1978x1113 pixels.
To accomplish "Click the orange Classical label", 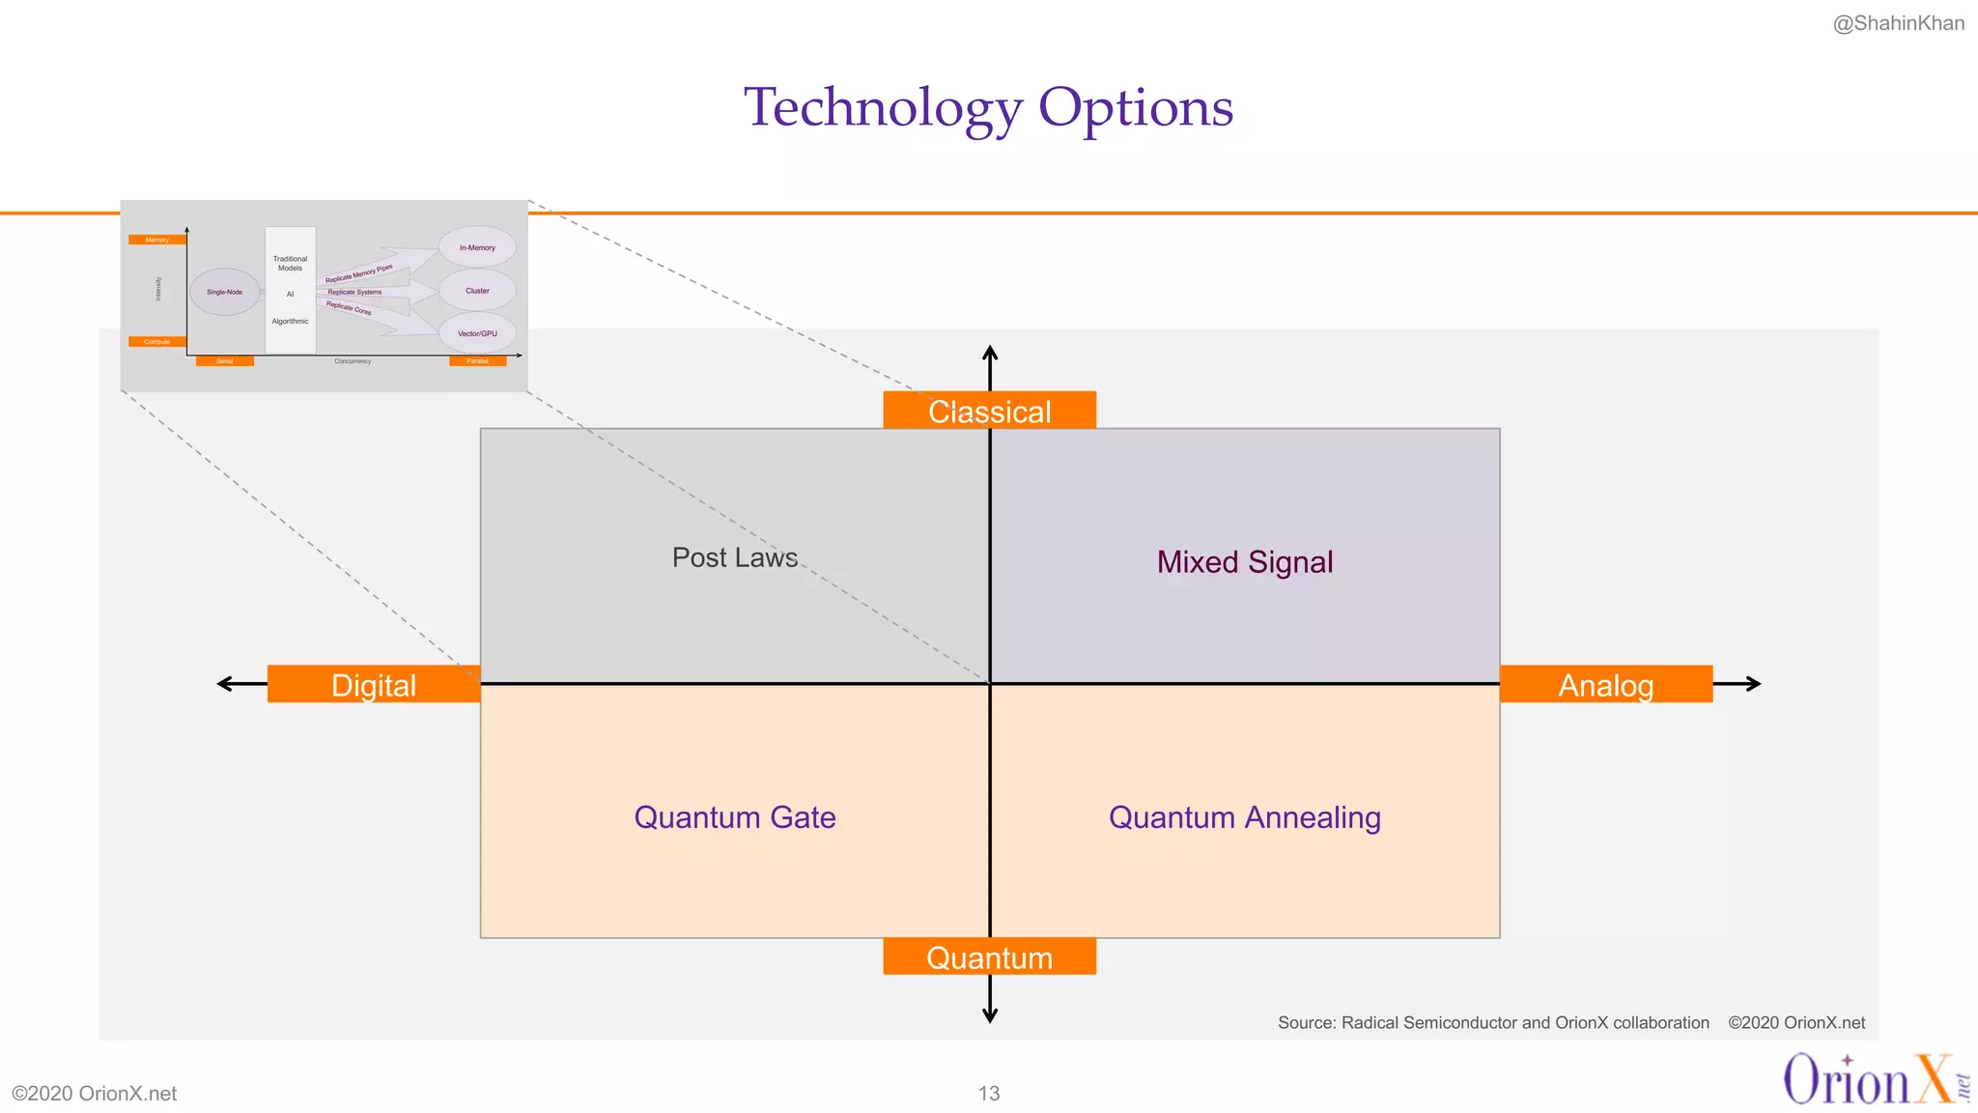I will pyautogui.click(x=989, y=411).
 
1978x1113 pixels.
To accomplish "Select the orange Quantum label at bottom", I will pyautogui.click(x=989, y=956).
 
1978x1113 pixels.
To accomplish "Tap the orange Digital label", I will pyautogui.click(x=373, y=684).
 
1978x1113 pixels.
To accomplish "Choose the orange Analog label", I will pyautogui.click(x=1605, y=684).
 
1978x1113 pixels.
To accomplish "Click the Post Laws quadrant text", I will pyautogui.click(x=734, y=557).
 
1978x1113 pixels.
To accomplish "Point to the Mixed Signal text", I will pyautogui.click(x=1244, y=561).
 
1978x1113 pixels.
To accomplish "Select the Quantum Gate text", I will pyautogui.click(x=734, y=817).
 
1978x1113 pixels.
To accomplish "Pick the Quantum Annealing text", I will pyautogui.click(x=1244, y=817).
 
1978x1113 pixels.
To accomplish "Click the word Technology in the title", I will pyautogui.click(x=883, y=107).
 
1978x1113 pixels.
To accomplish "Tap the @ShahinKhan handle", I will pyautogui.click(x=1898, y=23).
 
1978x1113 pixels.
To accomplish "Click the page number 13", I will pyautogui.click(x=988, y=1093).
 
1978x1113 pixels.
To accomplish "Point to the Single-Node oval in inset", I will pyautogui.click(x=224, y=292).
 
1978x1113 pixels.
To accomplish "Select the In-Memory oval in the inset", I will pyautogui.click(x=477, y=247).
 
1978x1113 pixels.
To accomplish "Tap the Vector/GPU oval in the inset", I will pyautogui.click(x=477, y=333).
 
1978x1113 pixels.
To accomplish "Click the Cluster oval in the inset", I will pyautogui.click(x=477, y=290).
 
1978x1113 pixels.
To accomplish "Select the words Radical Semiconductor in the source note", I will pyautogui.click(x=1428, y=1022).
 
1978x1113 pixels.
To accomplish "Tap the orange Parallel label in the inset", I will pyautogui.click(x=477, y=361).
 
